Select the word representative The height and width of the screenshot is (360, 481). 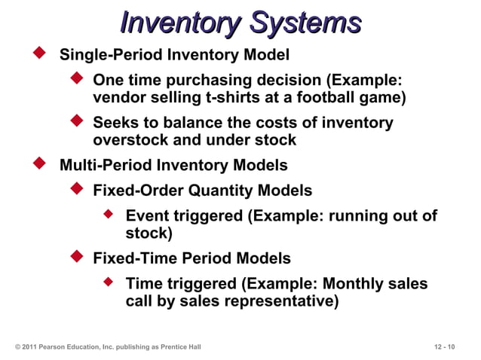point(277,302)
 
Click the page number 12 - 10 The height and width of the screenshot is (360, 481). point(445,346)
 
